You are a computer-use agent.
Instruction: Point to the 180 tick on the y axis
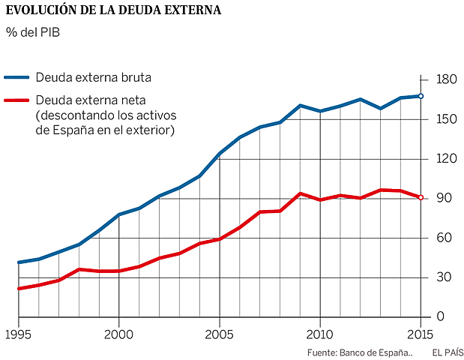point(445,80)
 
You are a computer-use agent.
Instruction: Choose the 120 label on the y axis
point(445,159)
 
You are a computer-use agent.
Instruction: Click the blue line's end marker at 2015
point(421,96)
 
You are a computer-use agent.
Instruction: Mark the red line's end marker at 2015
point(421,197)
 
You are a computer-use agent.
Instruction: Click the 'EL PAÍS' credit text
point(447,352)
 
